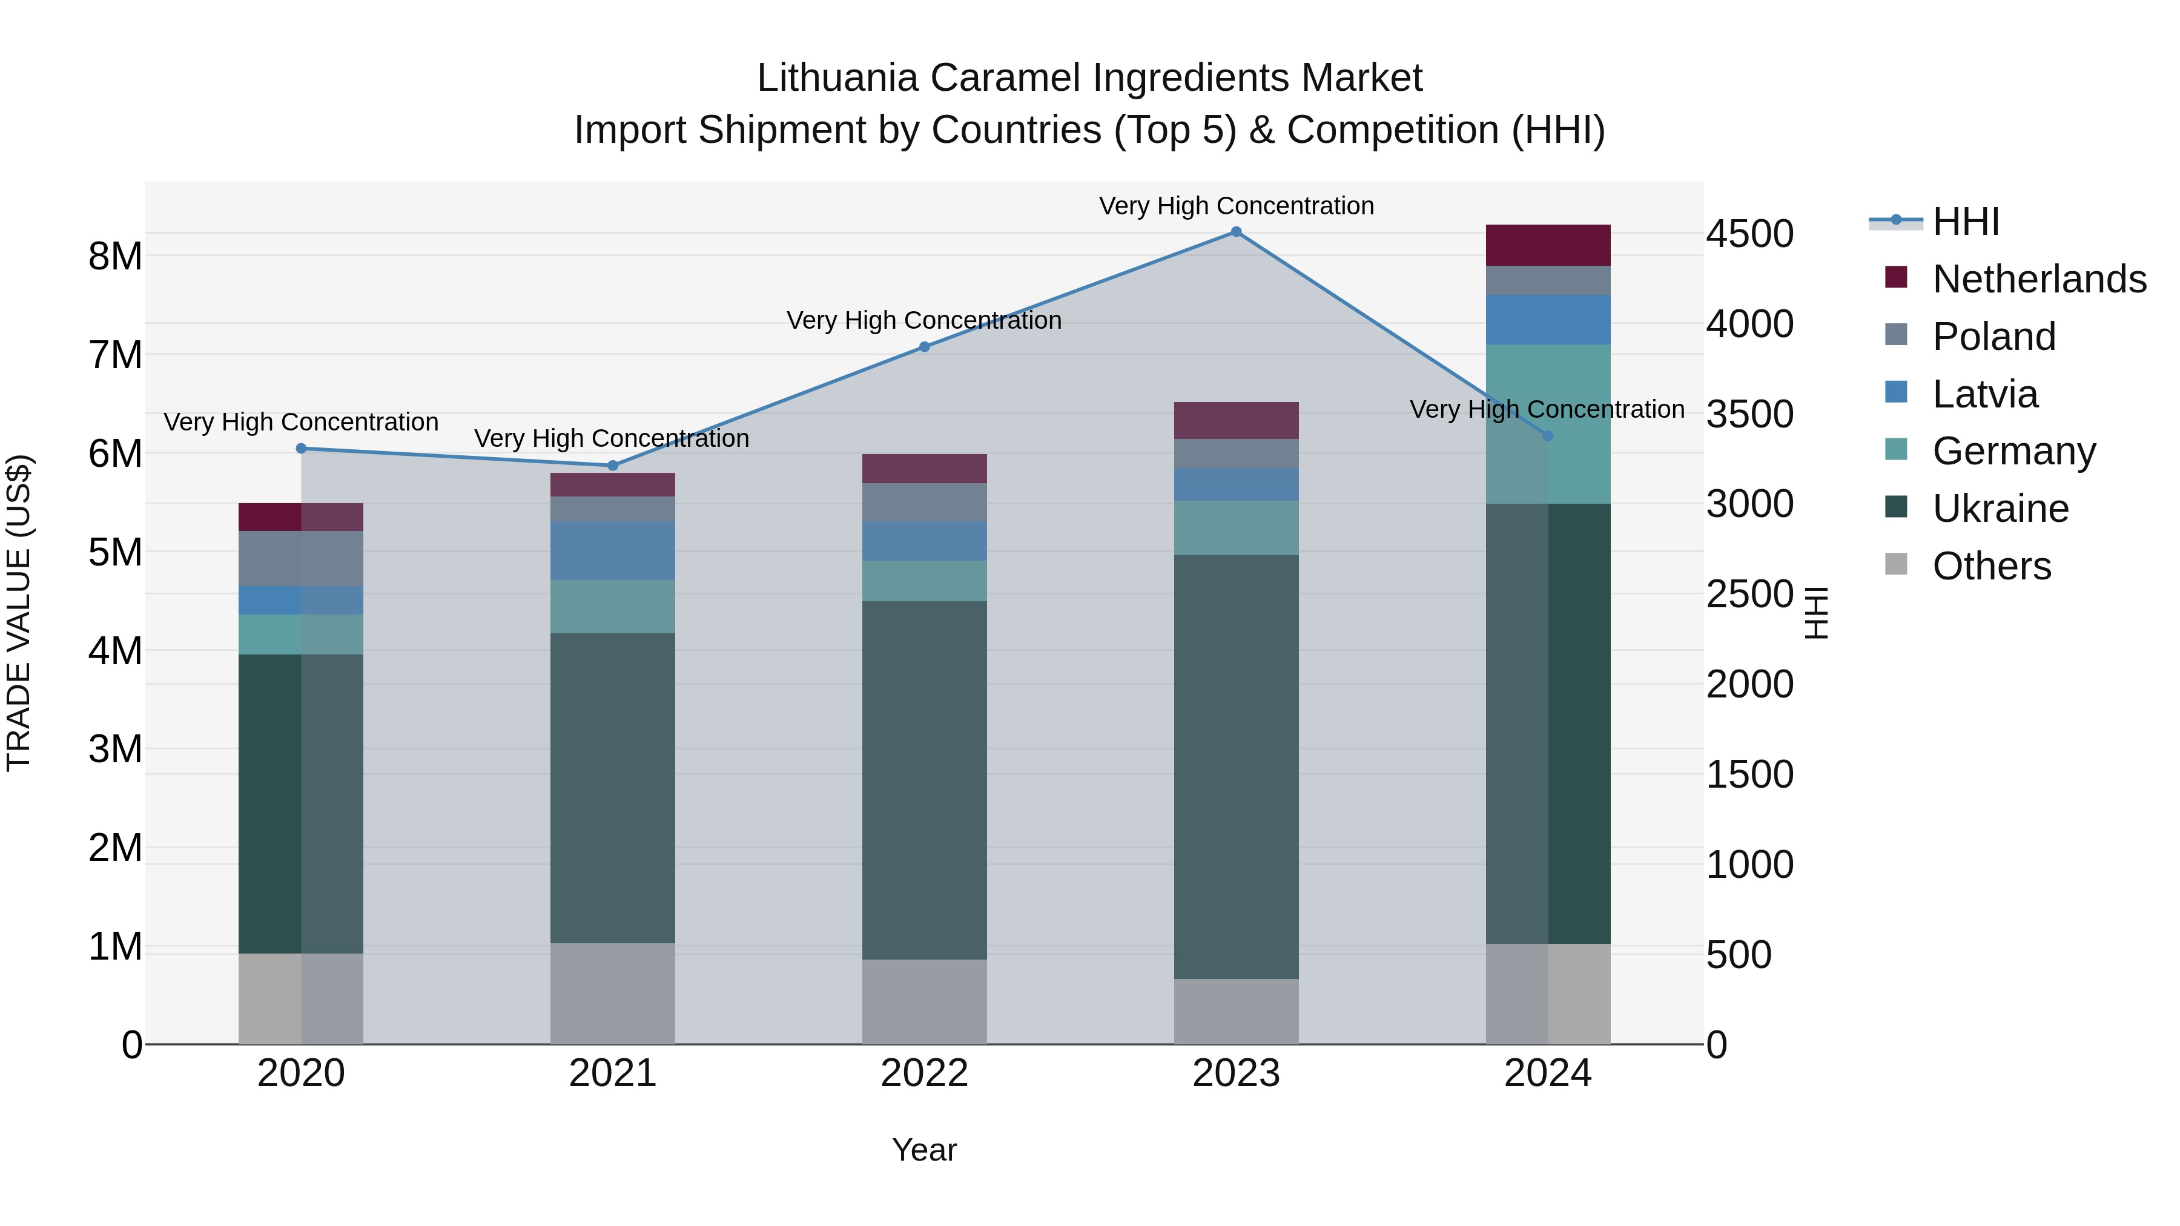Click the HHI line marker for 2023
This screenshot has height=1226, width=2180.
pyautogui.click(x=1235, y=232)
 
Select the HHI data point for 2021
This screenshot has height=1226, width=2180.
pyautogui.click(x=613, y=466)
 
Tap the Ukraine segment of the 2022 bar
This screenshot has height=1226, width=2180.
pyautogui.click(x=924, y=779)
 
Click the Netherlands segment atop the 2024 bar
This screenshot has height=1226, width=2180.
pyautogui.click(x=1548, y=245)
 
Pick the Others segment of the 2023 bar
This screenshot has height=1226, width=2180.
pyautogui.click(x=1235, y=1011)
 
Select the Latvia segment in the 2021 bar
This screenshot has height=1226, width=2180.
pyautogui.click(x=613, y=550)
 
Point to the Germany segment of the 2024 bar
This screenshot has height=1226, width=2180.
pyautogui.click(x=1548, y=423)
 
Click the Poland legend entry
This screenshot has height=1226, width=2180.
pyautogui.click(x=1993, y=337)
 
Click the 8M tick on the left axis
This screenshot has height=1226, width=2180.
pyautogui.click(x=115, y=255)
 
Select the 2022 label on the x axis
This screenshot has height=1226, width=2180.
pyautogui.click(x=924, y=1073)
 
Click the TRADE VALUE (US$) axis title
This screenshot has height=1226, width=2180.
pyautogui.click(x=19, y=613)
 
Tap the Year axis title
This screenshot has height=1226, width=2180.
pyautogui.click(x=924, y=1150)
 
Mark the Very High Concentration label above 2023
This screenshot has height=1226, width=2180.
pyautogui.click(x=1235, y=206)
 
